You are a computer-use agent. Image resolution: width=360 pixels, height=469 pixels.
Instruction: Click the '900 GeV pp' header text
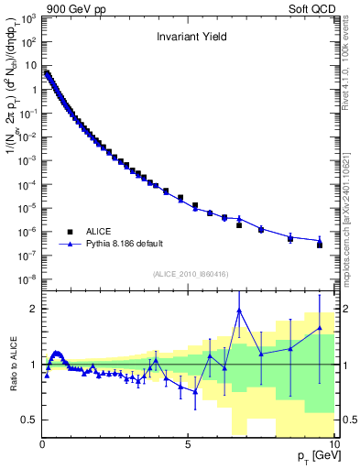pos(72,7)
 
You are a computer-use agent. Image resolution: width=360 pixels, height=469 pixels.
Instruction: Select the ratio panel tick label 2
pos(34,309)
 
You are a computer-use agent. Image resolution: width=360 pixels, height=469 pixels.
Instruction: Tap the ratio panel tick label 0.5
pos(30,420)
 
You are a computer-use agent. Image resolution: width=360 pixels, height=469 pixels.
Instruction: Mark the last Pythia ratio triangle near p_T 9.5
pos(320,328)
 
